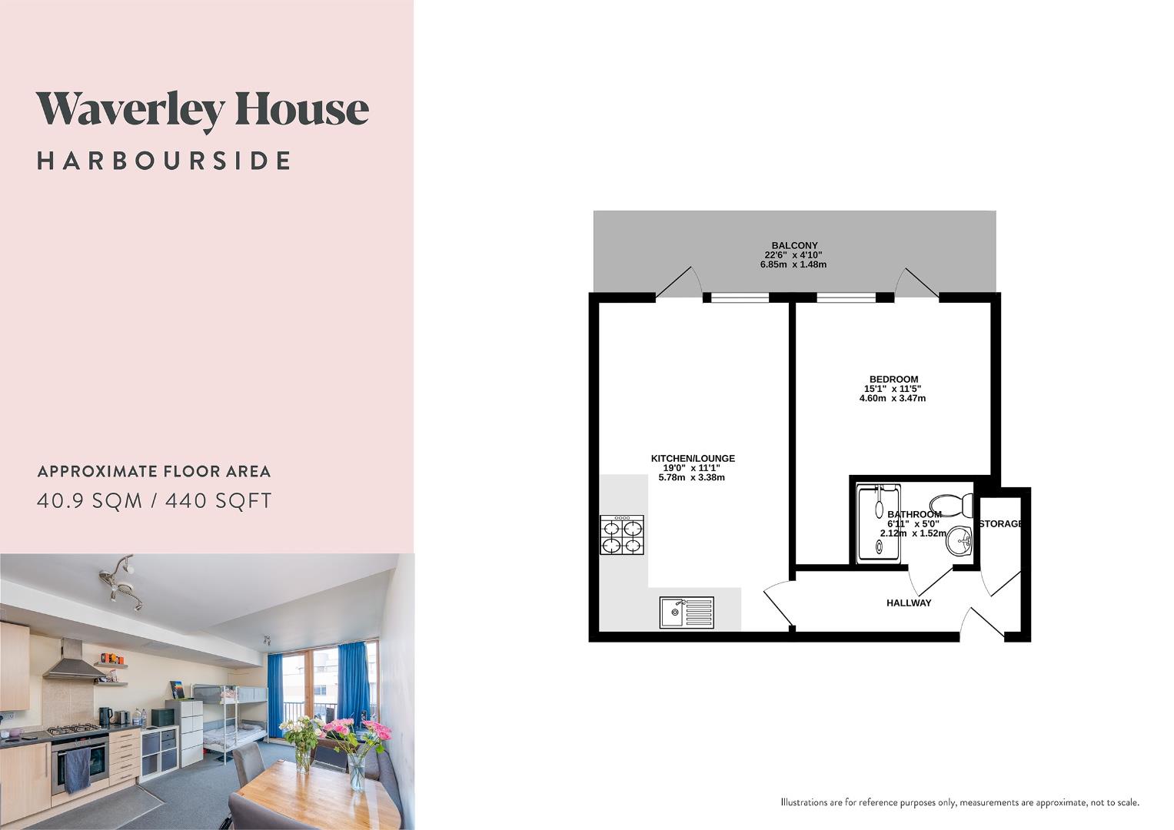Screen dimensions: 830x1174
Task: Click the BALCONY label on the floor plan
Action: [794, 246]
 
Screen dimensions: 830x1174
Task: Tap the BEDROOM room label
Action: [893, 380]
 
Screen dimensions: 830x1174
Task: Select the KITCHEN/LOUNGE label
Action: [693, 459]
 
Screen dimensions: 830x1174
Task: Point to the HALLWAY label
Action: [908, 603]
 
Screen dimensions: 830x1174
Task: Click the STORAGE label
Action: [1000, 524]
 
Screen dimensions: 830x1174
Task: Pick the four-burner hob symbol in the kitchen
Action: [622, 534]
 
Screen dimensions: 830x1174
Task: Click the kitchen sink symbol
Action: [686, 613]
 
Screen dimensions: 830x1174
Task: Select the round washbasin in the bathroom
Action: [959, 541]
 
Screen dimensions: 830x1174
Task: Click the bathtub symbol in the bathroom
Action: [877, 524]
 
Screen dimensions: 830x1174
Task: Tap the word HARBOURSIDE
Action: [164, 161]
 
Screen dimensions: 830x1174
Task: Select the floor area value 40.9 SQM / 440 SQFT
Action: [155, 501]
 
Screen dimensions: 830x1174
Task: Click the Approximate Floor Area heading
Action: [154, 472]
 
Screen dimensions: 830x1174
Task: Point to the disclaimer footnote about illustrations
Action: [959, 802]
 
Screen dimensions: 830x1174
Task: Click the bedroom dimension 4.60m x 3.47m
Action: [892, 399]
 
